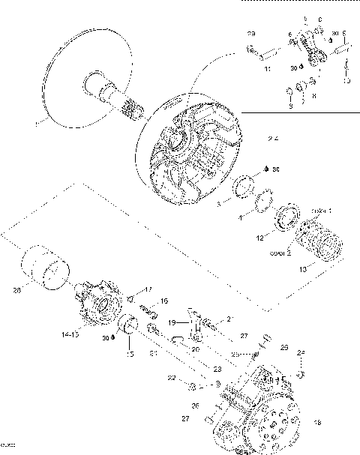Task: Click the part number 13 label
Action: (x=302, y=268)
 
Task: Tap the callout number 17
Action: (x=148, y=289)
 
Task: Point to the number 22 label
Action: (x=172, y=377)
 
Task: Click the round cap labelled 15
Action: (x=128, y=327)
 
